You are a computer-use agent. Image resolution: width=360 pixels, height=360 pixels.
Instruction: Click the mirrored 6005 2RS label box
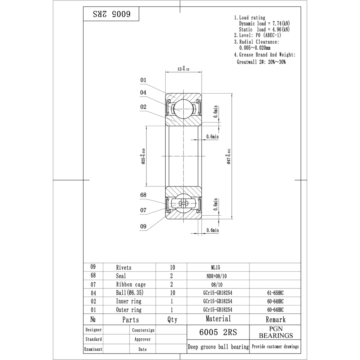(111, 14)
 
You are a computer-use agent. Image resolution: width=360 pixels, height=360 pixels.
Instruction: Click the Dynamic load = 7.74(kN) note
(264, 23)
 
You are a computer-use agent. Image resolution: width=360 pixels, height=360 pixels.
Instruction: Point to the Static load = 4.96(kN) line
(264, 30)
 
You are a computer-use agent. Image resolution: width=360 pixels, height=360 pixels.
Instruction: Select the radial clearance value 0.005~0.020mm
(255, 48)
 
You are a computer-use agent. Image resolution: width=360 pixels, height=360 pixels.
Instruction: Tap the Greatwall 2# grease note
(261, 62)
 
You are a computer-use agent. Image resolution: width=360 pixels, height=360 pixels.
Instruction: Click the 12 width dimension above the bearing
(183, 68)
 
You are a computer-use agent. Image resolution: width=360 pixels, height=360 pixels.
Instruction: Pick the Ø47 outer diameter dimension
(229, 156)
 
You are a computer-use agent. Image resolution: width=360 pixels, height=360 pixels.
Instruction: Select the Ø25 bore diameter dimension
(143, 156)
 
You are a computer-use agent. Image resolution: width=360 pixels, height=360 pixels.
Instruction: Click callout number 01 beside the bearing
(143, 80)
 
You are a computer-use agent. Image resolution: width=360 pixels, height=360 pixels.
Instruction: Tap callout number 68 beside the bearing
(143, 195)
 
